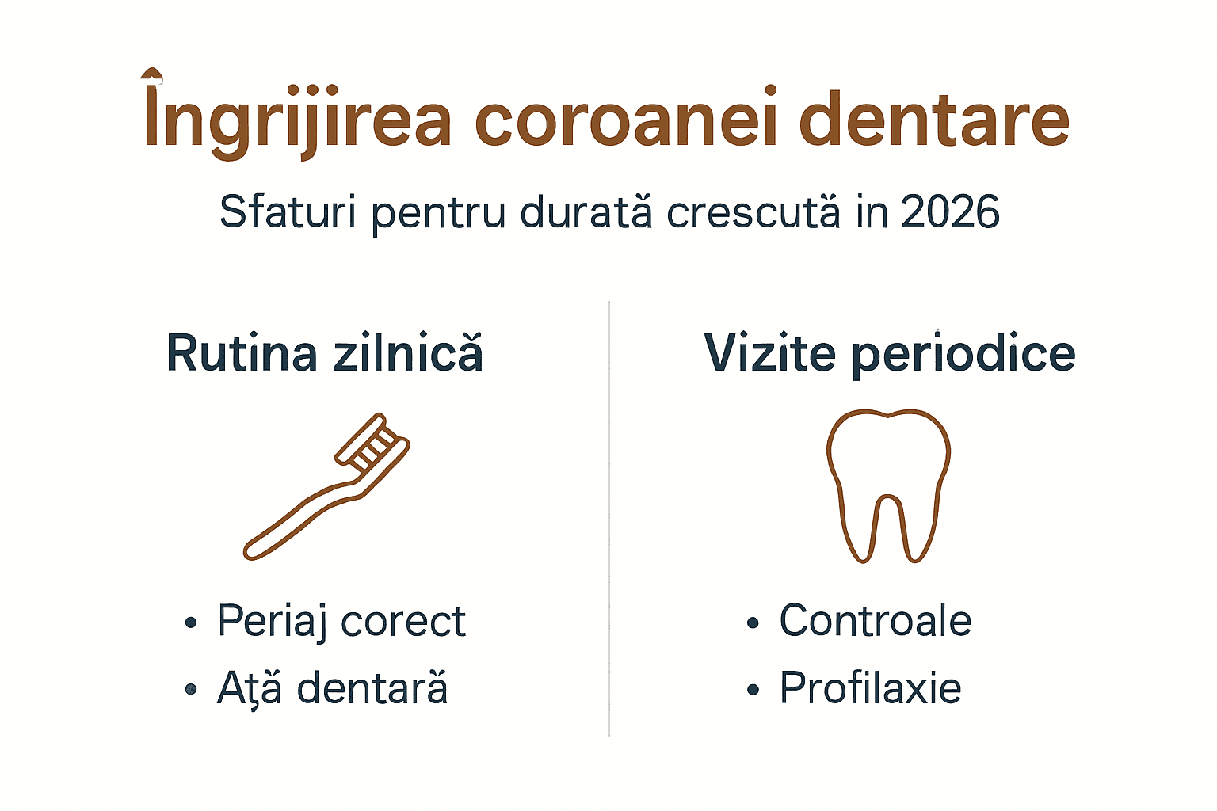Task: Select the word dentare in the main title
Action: tap(934, 120)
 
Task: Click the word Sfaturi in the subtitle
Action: tap(288, 212)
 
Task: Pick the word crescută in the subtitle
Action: tap(753, 212)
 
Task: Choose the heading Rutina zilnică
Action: tap(324, 353)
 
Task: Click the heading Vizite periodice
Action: tap(889, 353)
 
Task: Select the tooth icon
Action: tap(888, 483)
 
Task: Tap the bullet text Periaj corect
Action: tap(341, 621)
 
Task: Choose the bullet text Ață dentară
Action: tap(333, 688)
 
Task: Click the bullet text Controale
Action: tap(876, 620)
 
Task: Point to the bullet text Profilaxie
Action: tap(870, 687)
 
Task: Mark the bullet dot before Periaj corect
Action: tap(190, 623)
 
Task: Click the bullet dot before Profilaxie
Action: tap(753, 690)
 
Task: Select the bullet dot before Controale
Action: tap(753, 623)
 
